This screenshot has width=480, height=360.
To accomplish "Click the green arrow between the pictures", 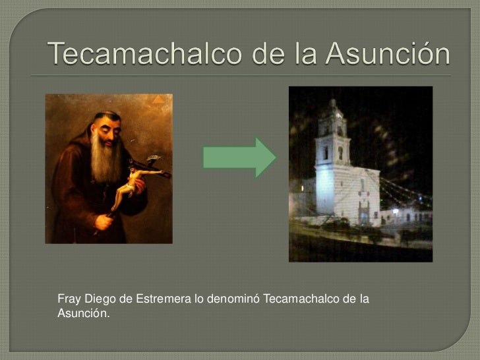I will [239, 157].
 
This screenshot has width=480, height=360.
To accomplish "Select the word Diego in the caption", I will [96, 301].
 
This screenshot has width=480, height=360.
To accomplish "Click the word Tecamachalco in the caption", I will [303, 301].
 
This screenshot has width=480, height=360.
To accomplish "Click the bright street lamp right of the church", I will [396, 211].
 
